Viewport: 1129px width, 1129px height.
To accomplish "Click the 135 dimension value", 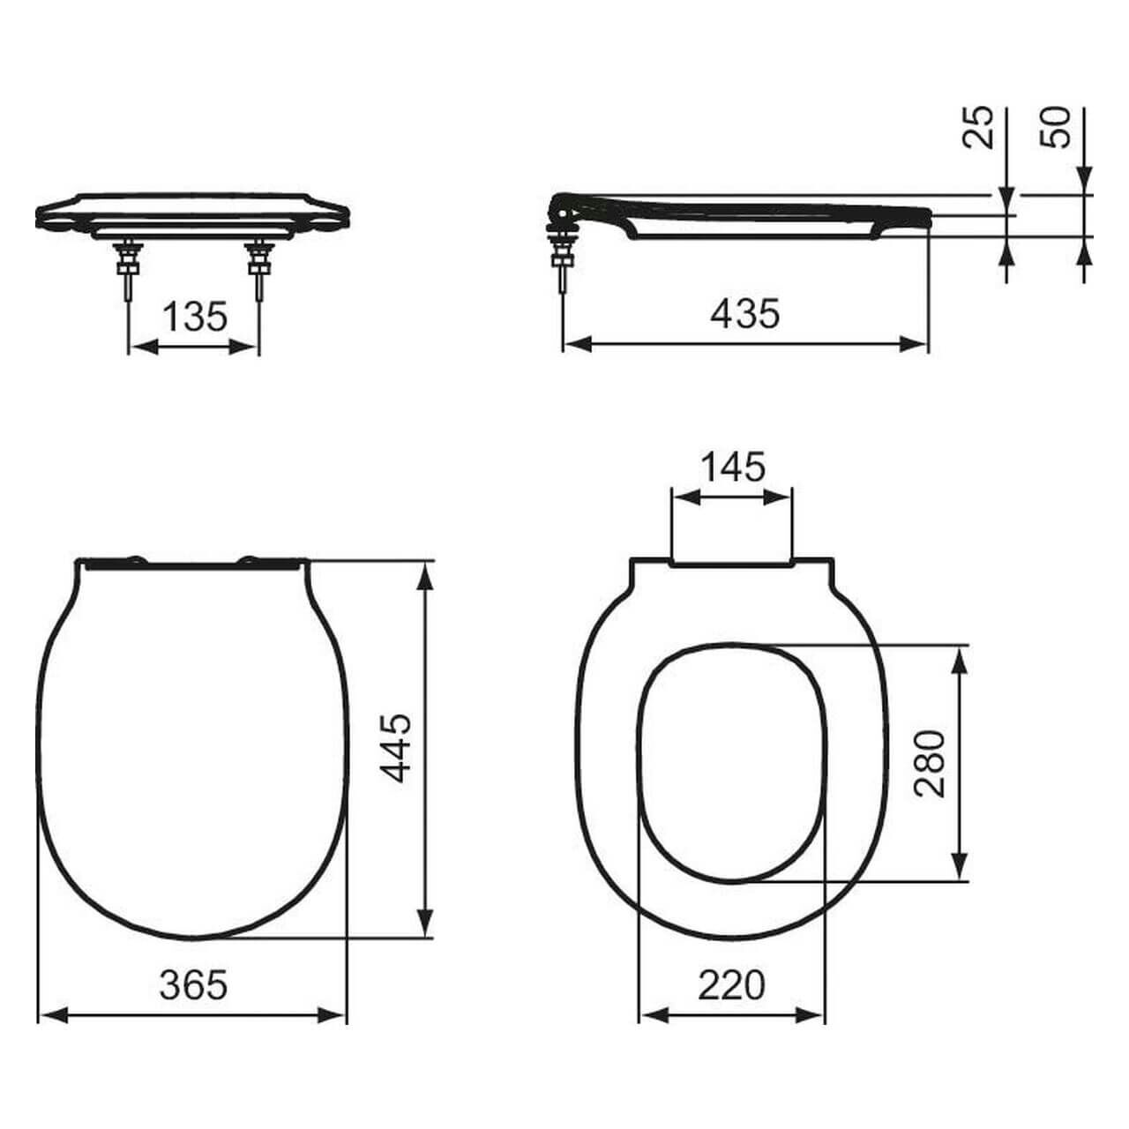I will click(x=195, y=317).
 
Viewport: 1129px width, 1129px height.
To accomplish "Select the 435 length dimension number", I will click(x=745, y=313).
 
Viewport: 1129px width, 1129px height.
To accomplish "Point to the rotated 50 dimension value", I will click(x=1055, y=127).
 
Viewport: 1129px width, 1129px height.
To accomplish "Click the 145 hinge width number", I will click(x=732, y=467).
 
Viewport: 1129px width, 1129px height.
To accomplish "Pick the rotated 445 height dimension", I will click(x=396, y=748).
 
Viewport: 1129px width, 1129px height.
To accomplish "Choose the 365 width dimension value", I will click(x=193, y=985).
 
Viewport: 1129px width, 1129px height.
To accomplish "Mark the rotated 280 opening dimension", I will click(x=929, y=763).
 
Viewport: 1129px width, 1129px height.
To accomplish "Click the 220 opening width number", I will click(x=732, y=985).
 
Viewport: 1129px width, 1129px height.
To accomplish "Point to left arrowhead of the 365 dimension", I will click(x=53, y=1016).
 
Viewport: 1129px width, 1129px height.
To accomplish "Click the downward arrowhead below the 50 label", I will click(x=1085, y=181).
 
